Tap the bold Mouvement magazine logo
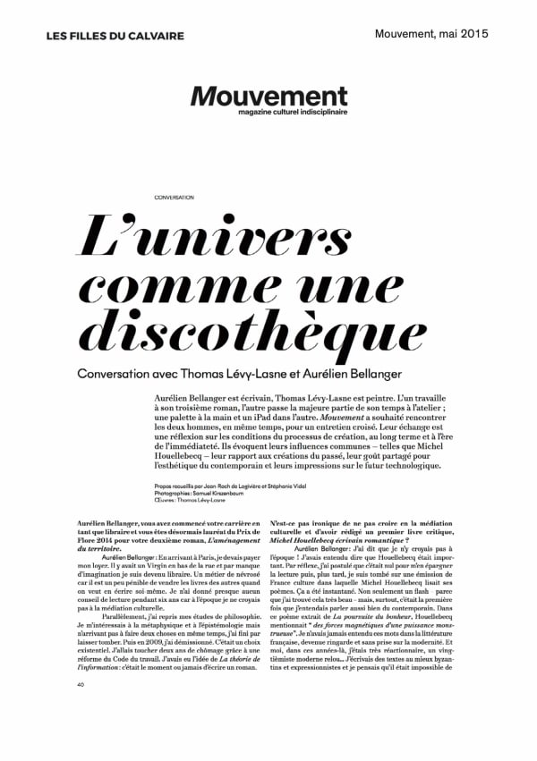tap(268, 96)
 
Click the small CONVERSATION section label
tap(174, 197)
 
